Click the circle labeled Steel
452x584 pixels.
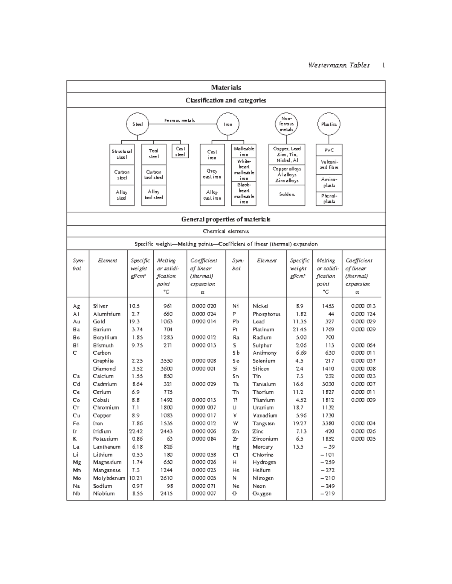coord(137,124)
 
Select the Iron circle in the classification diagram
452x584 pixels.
coord(228,124)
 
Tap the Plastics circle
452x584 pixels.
coord(328,124)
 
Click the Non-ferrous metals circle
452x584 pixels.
coord(287,124)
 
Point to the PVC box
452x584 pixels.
coord(329,150)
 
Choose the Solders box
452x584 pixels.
coord(287,194)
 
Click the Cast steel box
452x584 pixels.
coord(180,152)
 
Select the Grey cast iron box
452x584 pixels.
coord(212,174)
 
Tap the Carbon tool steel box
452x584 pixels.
coord(154,174)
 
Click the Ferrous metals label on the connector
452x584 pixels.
coord(180,121)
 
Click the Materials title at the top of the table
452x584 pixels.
coord(226,87)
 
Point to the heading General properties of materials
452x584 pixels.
coord(226,219)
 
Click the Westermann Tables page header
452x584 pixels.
coord(339,65)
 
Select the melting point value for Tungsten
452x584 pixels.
coord(328,423)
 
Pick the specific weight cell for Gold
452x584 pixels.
coord(134,322)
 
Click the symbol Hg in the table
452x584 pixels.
coord(236,447)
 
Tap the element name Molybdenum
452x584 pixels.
coord(109,478)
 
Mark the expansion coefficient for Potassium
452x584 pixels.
coord(204,439)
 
